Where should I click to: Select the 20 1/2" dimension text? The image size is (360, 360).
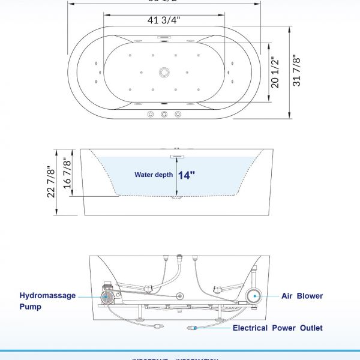point(275,73)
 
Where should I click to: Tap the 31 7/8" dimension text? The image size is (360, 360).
point(296,71)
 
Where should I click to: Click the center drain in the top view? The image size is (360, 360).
point(163,73)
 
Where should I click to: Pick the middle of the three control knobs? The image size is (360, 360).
point(164,115)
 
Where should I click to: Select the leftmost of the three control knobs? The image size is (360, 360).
point(150,115)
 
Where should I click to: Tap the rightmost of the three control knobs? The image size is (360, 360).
point(178,115)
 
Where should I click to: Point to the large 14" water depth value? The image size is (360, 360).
point(186,175)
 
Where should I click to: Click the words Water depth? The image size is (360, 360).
point(154,175)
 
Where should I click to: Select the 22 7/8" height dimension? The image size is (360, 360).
point(52,182)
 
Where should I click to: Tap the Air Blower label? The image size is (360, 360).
point(302,296)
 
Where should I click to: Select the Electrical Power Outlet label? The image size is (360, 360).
point(277,328)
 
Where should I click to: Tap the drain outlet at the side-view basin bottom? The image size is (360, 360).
point(175,195)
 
